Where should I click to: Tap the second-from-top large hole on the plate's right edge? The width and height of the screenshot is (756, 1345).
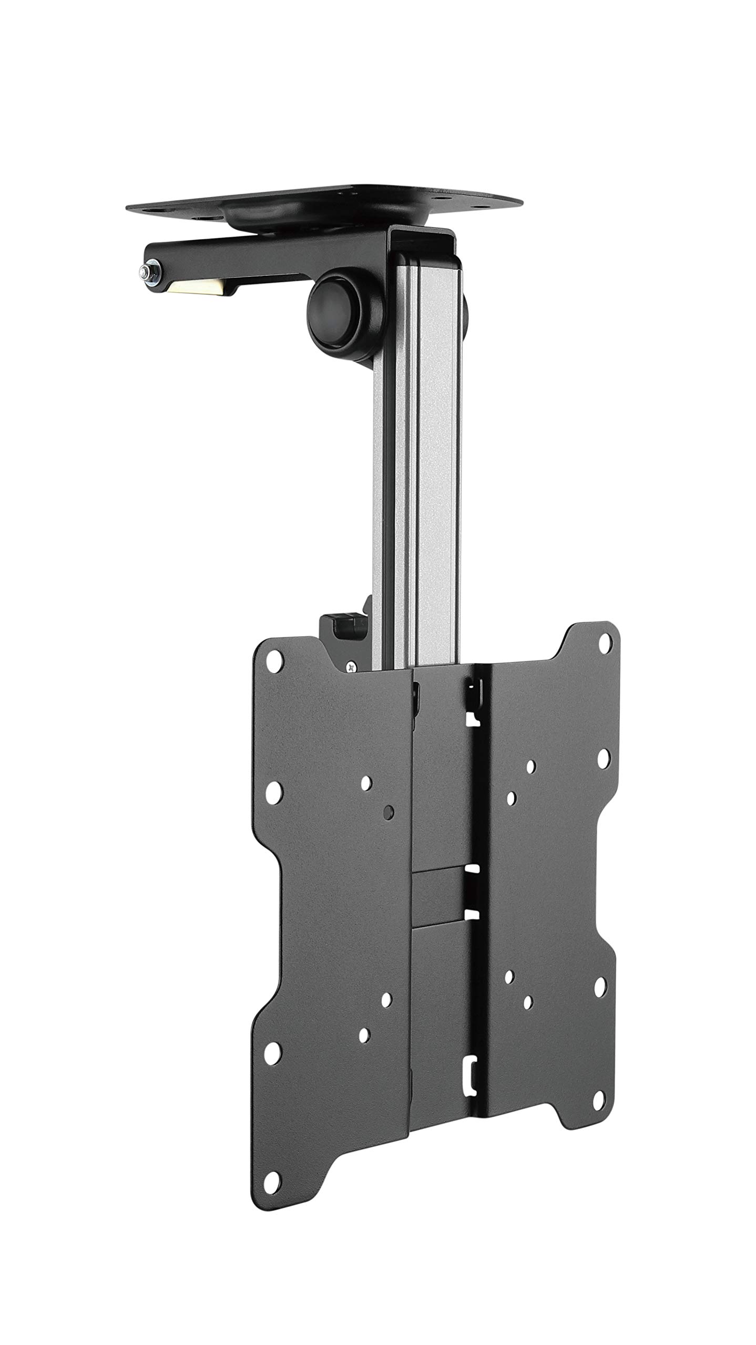tap(603, 771)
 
